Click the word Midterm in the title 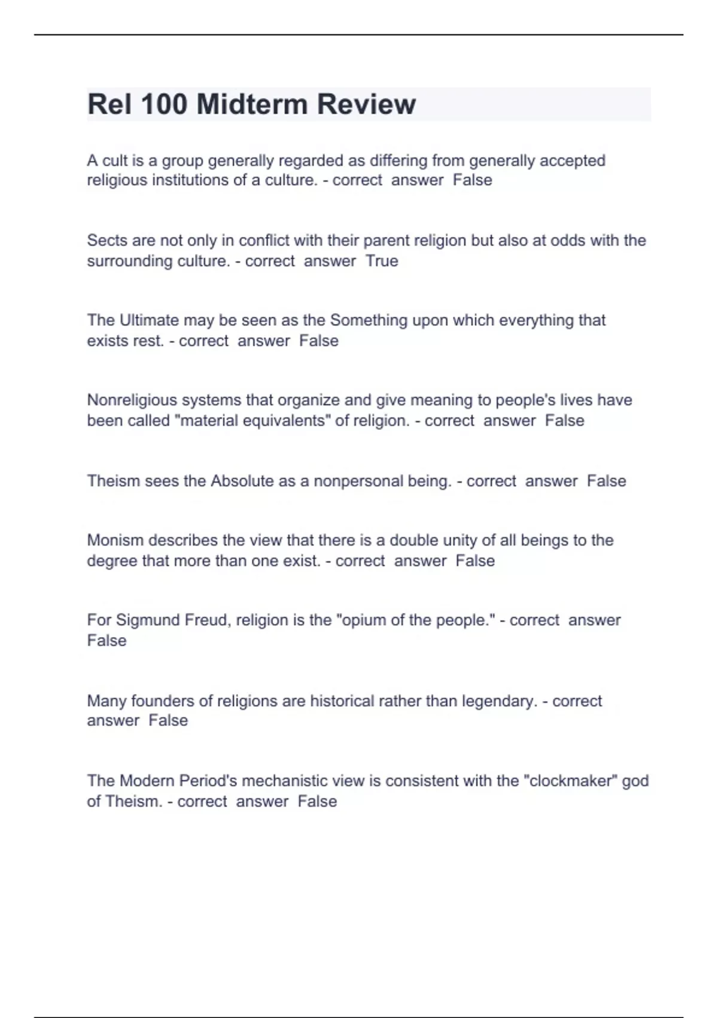point(251,104)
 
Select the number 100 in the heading point(164,104)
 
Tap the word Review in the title point(366,104)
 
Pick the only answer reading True point(382,261)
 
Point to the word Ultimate point(149,320)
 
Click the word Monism point(115,540)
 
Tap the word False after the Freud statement point(107,640)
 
